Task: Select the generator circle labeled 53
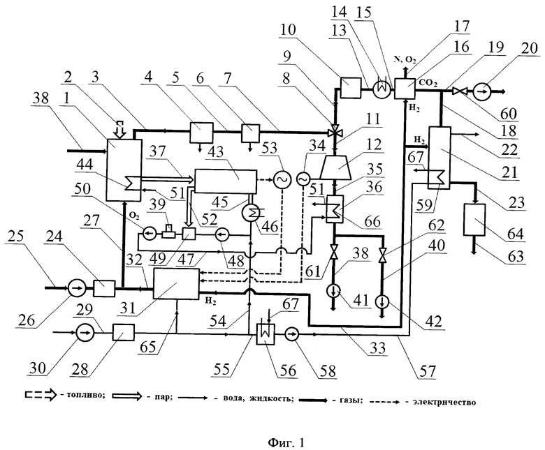(280, 179)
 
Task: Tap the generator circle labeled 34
(303, 179)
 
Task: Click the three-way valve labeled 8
(335, 132)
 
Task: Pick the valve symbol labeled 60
(458, 91)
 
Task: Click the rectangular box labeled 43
(226, 181)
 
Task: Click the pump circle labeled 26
(75, 288)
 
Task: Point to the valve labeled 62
(382, 255)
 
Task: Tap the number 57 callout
(427, 372)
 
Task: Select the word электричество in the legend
(444, 402)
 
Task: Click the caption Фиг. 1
(286, 442)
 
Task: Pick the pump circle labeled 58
(292, 334)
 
